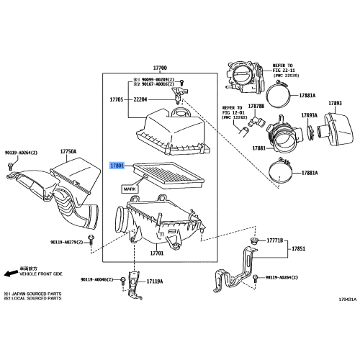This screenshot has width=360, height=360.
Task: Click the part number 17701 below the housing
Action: click(156, 253)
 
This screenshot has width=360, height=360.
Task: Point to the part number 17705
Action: click(117, 99)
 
